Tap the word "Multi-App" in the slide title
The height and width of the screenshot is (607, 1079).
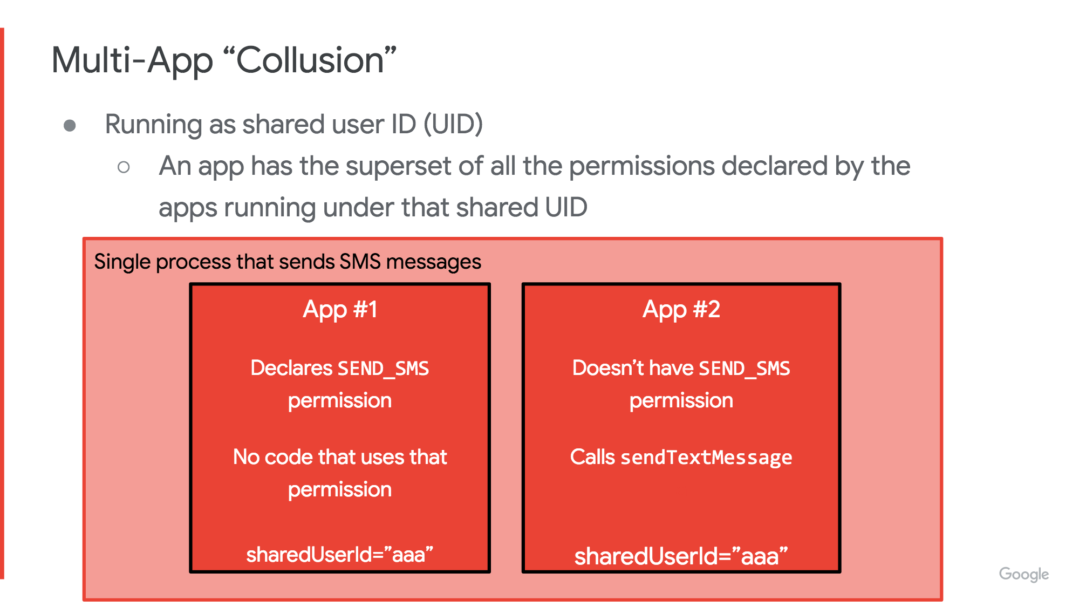[x=132, y=61]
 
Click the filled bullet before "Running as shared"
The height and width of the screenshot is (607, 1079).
[x=70, y=126]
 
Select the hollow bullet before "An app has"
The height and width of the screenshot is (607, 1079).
[x=124, y=167]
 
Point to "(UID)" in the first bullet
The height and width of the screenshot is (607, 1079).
[x=453, y=125]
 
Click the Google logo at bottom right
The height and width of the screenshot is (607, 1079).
[x=1024, y=574]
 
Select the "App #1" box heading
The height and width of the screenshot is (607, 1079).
[x=340, y=310]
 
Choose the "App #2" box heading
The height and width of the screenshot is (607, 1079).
[x=681, y=310]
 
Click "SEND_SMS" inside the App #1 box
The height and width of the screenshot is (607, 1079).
[x=383, y=369]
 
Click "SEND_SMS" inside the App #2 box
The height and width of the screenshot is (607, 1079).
[x=745, y=369]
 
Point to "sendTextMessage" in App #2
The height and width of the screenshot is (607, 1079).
[x=707, y=458]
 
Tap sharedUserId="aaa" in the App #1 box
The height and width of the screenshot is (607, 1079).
[x=340, y=554]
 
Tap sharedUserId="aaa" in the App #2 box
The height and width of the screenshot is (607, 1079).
[x=681, y=556]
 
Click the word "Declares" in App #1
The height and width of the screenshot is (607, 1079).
[x=292, y=368]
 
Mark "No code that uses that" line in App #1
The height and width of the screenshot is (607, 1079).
[x=340, y=457]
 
